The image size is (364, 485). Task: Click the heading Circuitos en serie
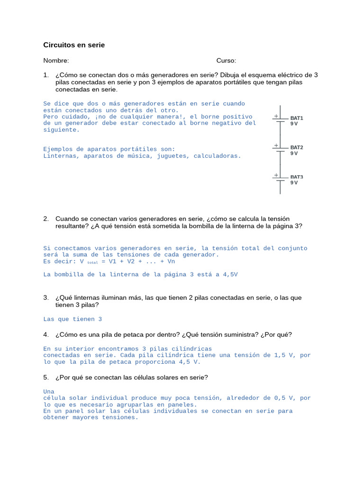coord(74,45)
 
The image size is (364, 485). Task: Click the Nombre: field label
coord(56,61)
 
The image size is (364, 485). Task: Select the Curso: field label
coord(226,61)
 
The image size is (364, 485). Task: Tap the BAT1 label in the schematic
coord(297,118)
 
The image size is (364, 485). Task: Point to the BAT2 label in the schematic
coord(297,147)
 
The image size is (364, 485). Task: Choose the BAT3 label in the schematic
coord(297,177)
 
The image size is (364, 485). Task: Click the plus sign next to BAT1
coord(276,116)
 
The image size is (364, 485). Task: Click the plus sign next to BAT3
coord(276,175)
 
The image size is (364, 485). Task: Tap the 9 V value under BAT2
coord(294,153)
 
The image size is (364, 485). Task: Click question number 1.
coord(46,75)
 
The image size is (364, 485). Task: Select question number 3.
coord(46,297)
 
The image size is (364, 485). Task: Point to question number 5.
coord(46,377)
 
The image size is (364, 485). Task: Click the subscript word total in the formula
coord(92,262)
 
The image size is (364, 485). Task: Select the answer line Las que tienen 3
coord(73,319)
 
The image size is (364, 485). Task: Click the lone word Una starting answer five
coord(49,392)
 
